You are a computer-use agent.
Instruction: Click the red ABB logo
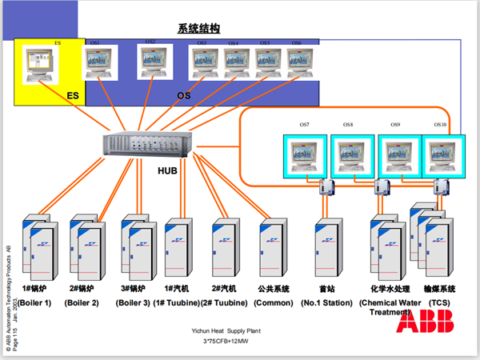point(426,322)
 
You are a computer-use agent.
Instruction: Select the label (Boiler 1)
point(36,303)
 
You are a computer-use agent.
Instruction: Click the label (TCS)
point(438,303)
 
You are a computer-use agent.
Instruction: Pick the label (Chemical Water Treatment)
point(389,308)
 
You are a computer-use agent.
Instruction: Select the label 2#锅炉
point(84,290)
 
